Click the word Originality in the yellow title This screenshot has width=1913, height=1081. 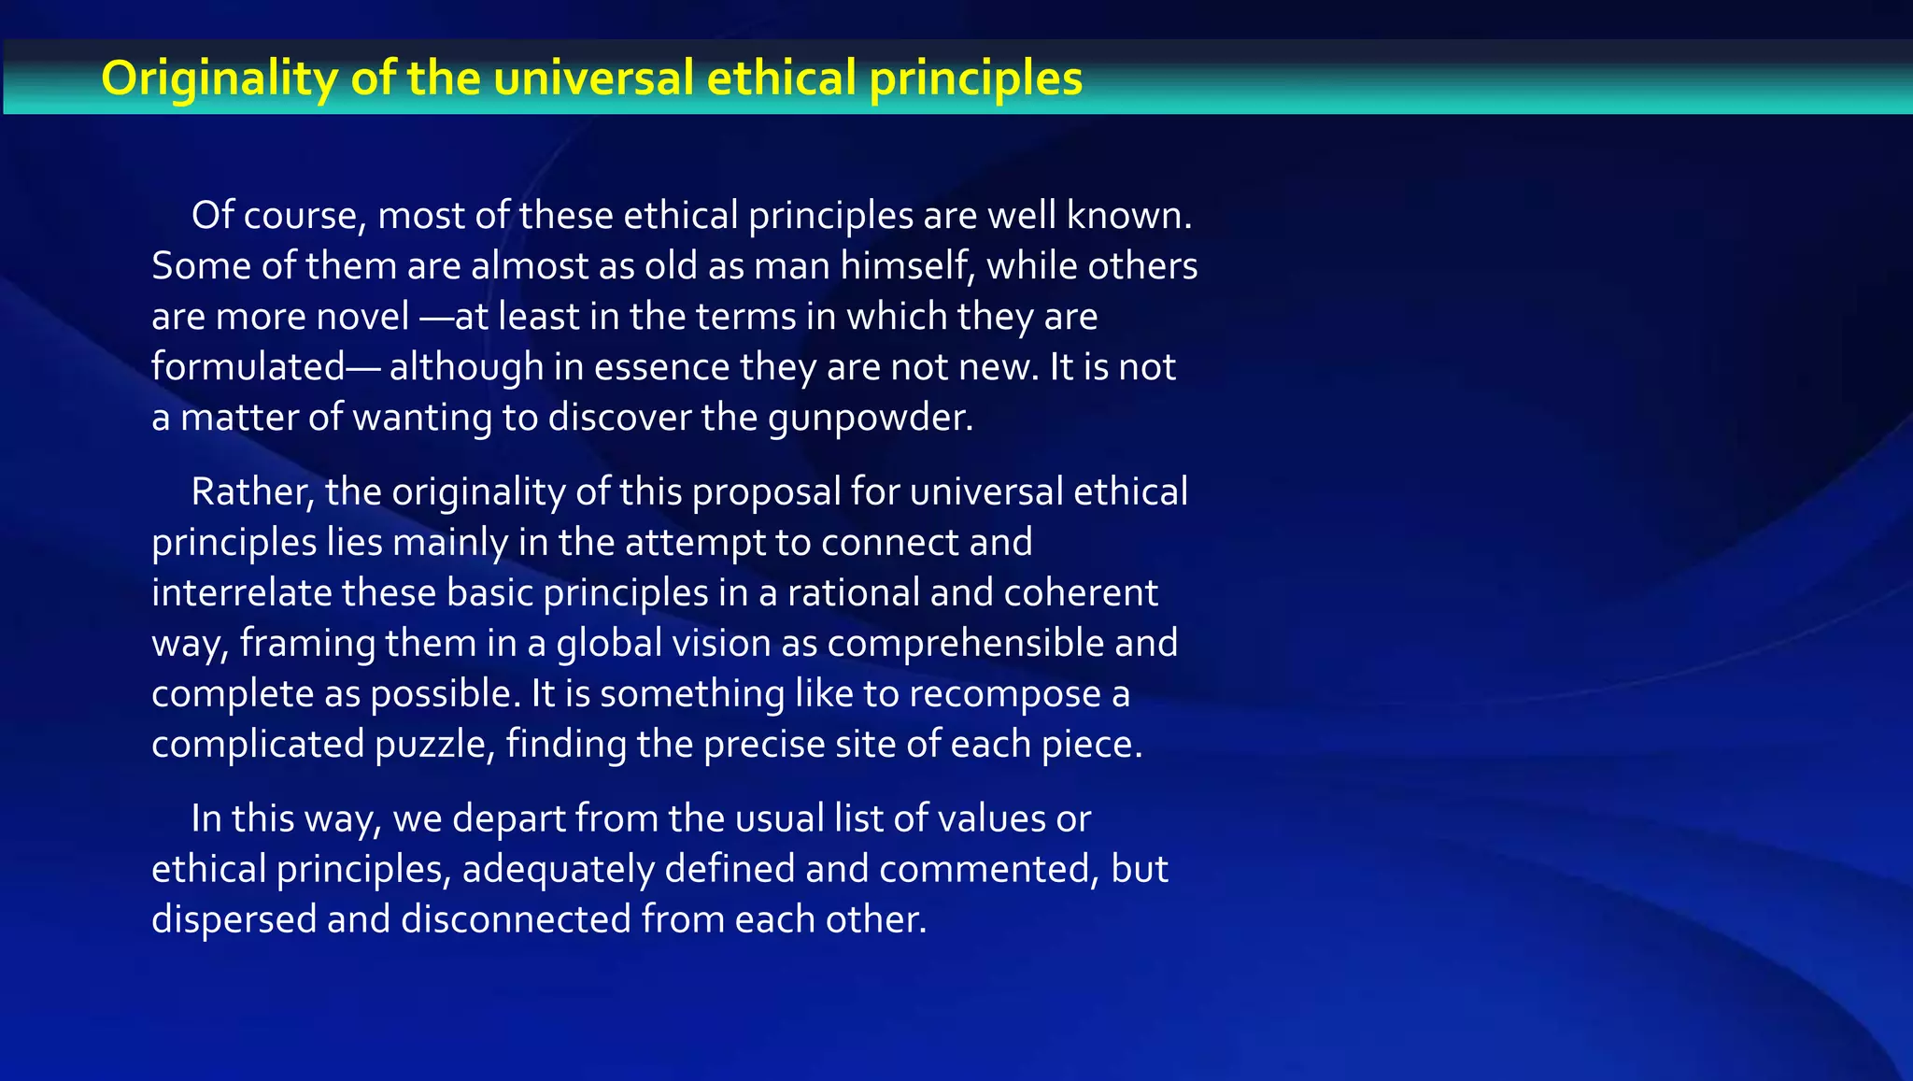pos(219,78)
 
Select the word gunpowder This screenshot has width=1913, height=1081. pos(870,418)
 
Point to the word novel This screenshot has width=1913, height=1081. pos(362,317)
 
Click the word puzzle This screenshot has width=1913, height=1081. pos(433,745)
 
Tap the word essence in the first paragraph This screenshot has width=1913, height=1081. pos(661,367)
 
